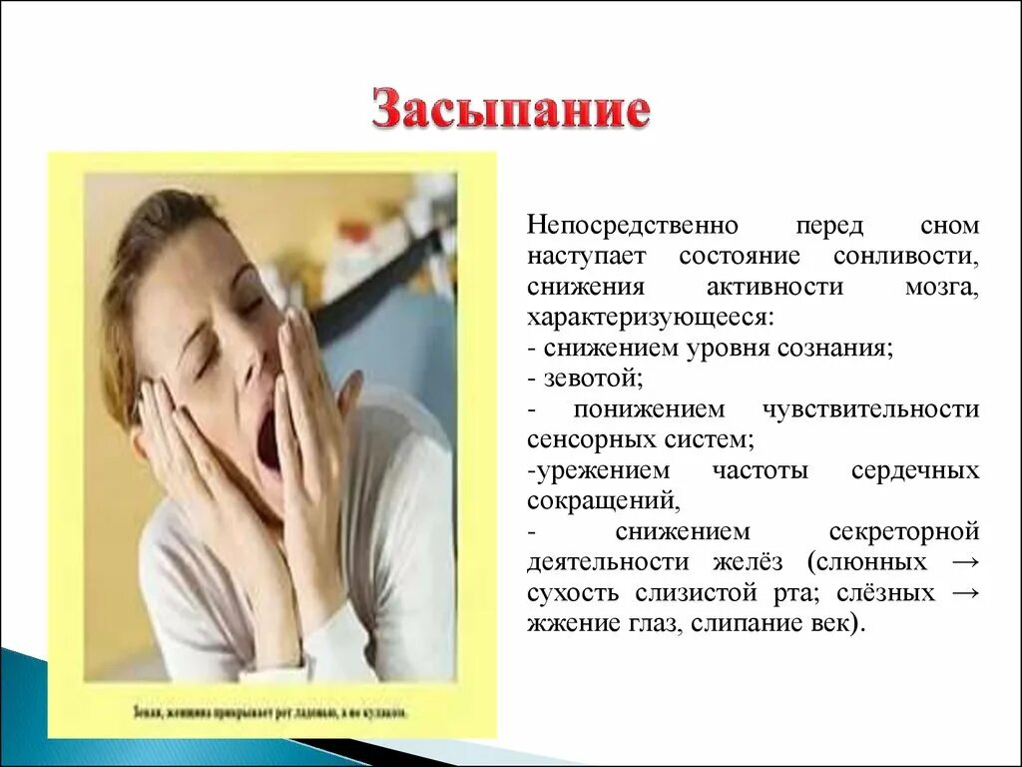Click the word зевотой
pos(592,380)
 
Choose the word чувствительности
pos(870,409)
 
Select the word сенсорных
pos(585,440)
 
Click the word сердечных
pos(915,471)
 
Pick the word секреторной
pos(904,531)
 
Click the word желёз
pos(761,562)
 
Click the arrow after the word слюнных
pos(965,562)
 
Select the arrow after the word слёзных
pos(965,593)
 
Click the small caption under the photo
pos(269,713)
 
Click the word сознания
pos(839,349)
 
